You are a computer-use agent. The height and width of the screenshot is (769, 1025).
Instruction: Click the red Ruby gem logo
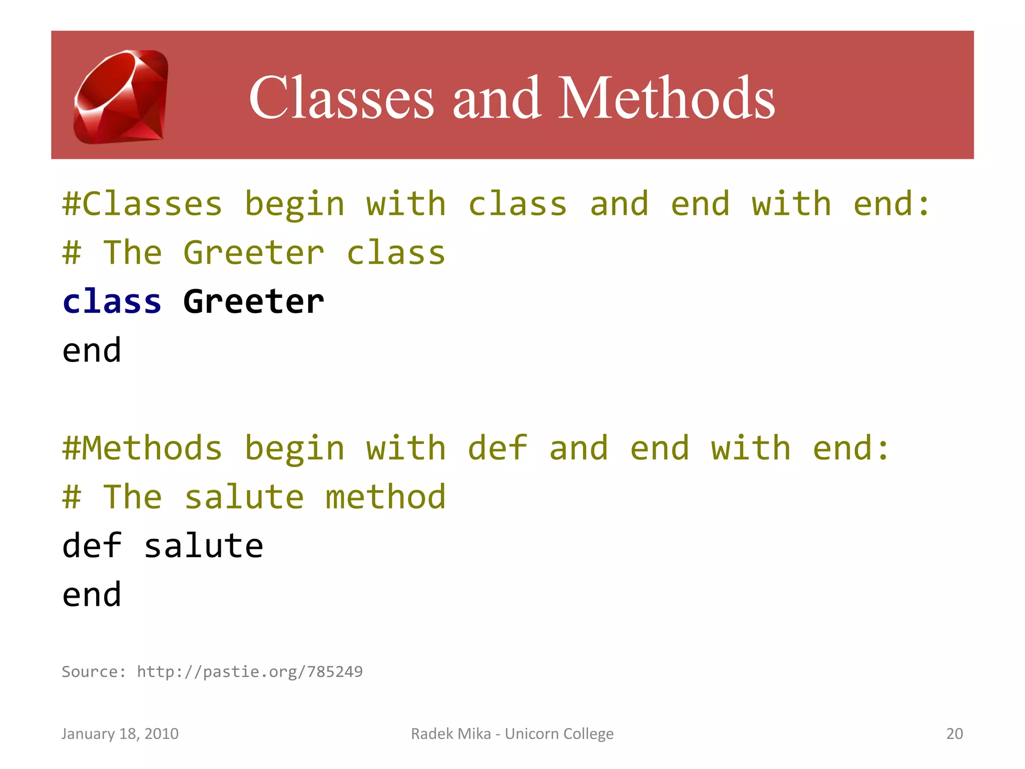(x=121, y=97)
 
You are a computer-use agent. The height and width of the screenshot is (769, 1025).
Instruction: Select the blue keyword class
(x=112, y=302)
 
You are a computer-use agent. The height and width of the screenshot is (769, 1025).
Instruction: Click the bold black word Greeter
(x=254, y=302)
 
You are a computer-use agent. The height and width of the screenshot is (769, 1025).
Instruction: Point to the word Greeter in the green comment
(x=254, y=253)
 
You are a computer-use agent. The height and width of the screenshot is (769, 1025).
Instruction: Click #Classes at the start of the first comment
(x=142, y=204)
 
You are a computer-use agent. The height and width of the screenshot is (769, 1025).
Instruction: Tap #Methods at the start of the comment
(x=142, y=448)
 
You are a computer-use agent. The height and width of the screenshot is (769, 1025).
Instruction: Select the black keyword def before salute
(x=92, y=546)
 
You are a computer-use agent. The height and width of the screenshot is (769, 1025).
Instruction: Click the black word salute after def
(x=204, y=546)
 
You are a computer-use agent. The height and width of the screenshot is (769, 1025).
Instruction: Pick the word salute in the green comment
(x=244, y=497)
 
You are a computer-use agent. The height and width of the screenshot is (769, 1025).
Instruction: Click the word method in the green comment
(x=385, y=497)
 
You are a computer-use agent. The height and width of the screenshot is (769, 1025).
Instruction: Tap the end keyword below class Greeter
(x=92, y=350)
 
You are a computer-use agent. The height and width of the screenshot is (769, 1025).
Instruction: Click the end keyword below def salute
(x=92, y=595)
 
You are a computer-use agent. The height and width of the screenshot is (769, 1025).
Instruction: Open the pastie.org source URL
(x=250, y=671)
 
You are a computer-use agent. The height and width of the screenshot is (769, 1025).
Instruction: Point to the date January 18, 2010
(x=120, y=733)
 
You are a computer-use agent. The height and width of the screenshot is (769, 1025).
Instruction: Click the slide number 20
(x=954, y=733)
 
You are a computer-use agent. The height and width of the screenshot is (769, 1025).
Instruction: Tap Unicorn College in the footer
(x=559, y=733)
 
